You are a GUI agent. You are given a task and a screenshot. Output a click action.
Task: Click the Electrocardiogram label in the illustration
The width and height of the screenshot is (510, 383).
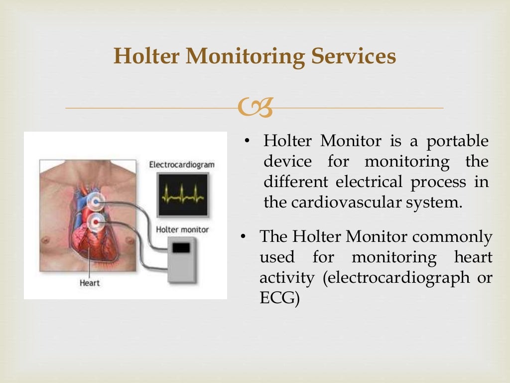pos(182,164)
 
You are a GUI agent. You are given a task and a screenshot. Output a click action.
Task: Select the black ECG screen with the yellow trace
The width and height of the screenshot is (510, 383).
pos(182,195)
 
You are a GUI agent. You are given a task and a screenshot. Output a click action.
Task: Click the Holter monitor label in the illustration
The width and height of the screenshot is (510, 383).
pos(182,230)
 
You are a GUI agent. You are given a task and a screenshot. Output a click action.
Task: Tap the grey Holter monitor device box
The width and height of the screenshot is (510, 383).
pos(182,259)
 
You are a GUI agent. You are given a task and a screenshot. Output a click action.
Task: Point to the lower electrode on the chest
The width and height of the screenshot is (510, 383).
pos(96,221)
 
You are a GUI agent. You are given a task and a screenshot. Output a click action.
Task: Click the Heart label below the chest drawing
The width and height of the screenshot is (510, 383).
pos(90,283)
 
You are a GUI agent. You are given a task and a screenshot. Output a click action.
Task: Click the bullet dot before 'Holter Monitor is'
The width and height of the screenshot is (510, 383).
pos(247,141)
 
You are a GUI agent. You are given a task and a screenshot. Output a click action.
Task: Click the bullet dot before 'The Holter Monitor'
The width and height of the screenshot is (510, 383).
pos(244,237)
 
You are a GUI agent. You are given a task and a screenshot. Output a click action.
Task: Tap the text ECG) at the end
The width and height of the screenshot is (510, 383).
pos(279,298)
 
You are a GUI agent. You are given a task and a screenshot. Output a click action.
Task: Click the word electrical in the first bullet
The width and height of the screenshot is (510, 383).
pos(369,182)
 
